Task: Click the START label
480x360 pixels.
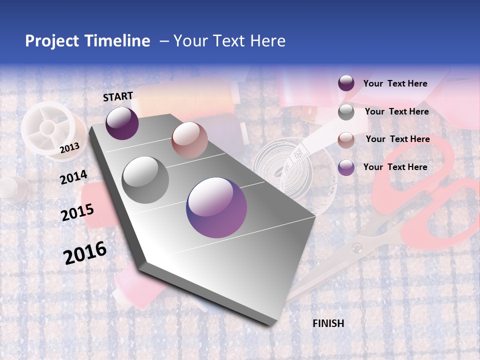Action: pos(118,96)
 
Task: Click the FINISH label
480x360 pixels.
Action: pos(328,323)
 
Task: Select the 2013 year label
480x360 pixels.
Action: pos(69,147)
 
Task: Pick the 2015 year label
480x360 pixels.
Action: pos(77,212)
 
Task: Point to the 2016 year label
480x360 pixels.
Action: pos(85,252)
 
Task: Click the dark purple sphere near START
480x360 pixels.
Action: pos(122,123)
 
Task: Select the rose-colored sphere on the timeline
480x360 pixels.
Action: pos(189,140)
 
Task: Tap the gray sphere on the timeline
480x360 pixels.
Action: pos(145,180)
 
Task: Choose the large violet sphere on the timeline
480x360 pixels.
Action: pos(216,207)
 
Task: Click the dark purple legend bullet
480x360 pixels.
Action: pos(346,83)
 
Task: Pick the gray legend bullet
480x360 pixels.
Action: pos(346,112)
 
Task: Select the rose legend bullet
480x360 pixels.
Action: pos(346,139)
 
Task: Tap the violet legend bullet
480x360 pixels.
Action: pos(346,167)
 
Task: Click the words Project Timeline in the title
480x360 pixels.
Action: pos(87,41)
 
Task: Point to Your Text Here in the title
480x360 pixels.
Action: pos(229,41)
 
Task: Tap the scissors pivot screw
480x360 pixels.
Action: pos(357,248)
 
